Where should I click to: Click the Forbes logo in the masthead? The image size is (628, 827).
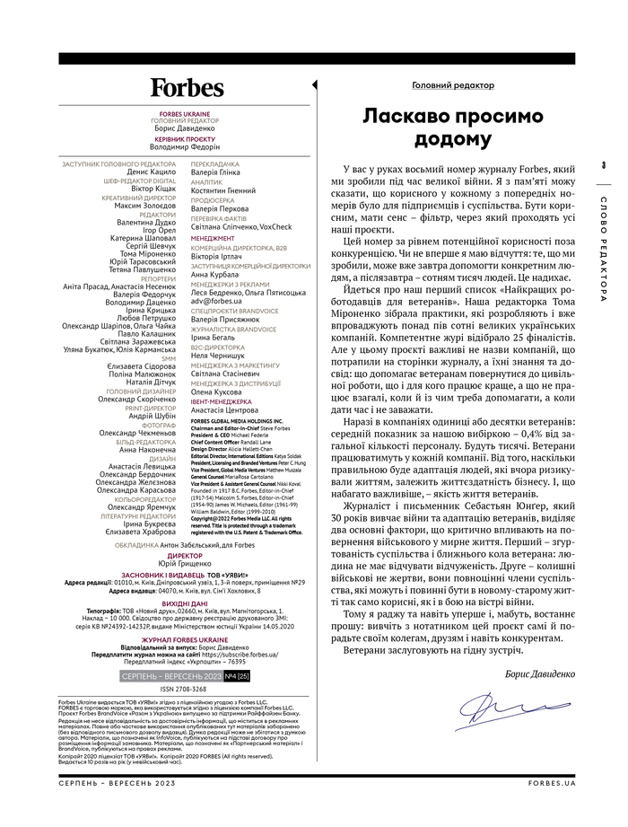point(187,87)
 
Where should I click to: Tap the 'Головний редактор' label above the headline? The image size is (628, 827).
point(452,85)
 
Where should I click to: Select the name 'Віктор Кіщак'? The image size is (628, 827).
point(153,191)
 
